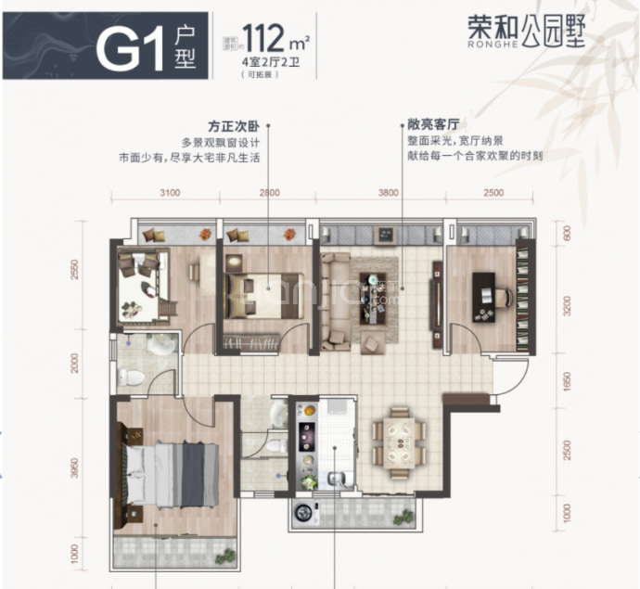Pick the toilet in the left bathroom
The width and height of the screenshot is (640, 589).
130,378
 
